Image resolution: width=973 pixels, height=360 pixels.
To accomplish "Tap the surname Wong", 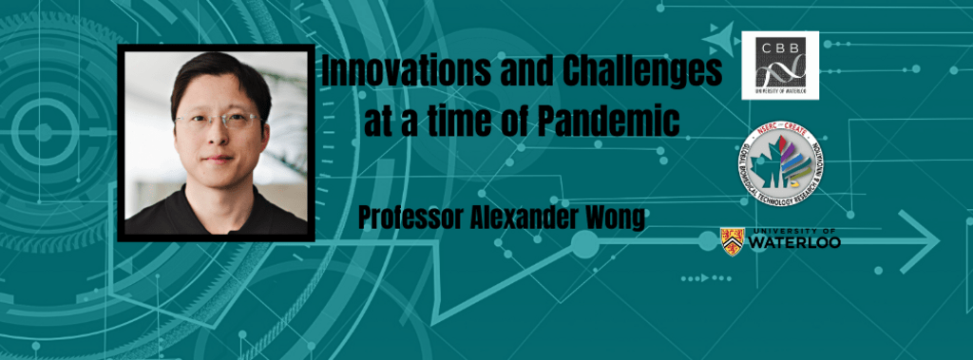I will (616, 218).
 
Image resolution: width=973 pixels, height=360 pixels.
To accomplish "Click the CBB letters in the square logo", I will (778, 47).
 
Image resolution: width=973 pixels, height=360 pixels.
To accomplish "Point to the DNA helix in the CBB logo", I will (780, 69).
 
